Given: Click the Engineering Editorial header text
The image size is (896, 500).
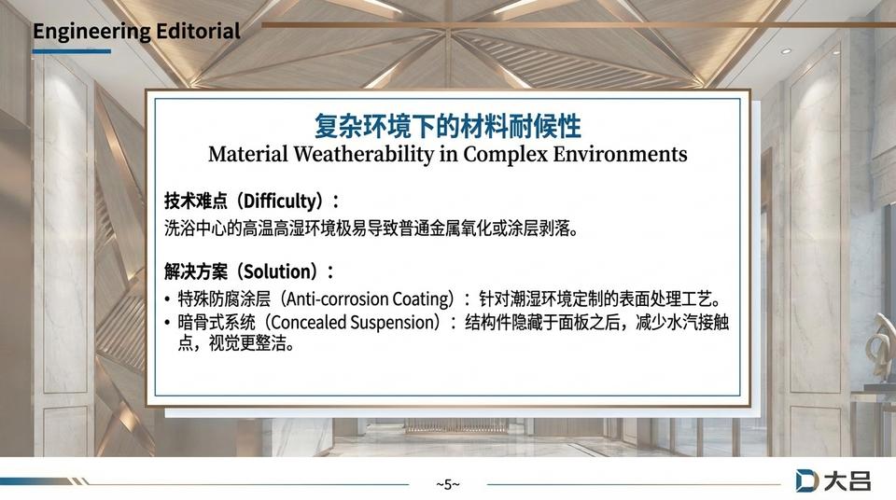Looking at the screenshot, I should tap(136, 31).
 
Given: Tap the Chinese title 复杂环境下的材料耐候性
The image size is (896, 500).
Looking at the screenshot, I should tap(447, 125).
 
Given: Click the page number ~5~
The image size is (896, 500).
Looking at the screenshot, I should tap(448, 483).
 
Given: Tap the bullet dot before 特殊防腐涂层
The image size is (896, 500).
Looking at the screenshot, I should tap(167, 300).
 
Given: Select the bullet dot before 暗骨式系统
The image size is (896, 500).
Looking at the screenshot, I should tap(167, 324).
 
